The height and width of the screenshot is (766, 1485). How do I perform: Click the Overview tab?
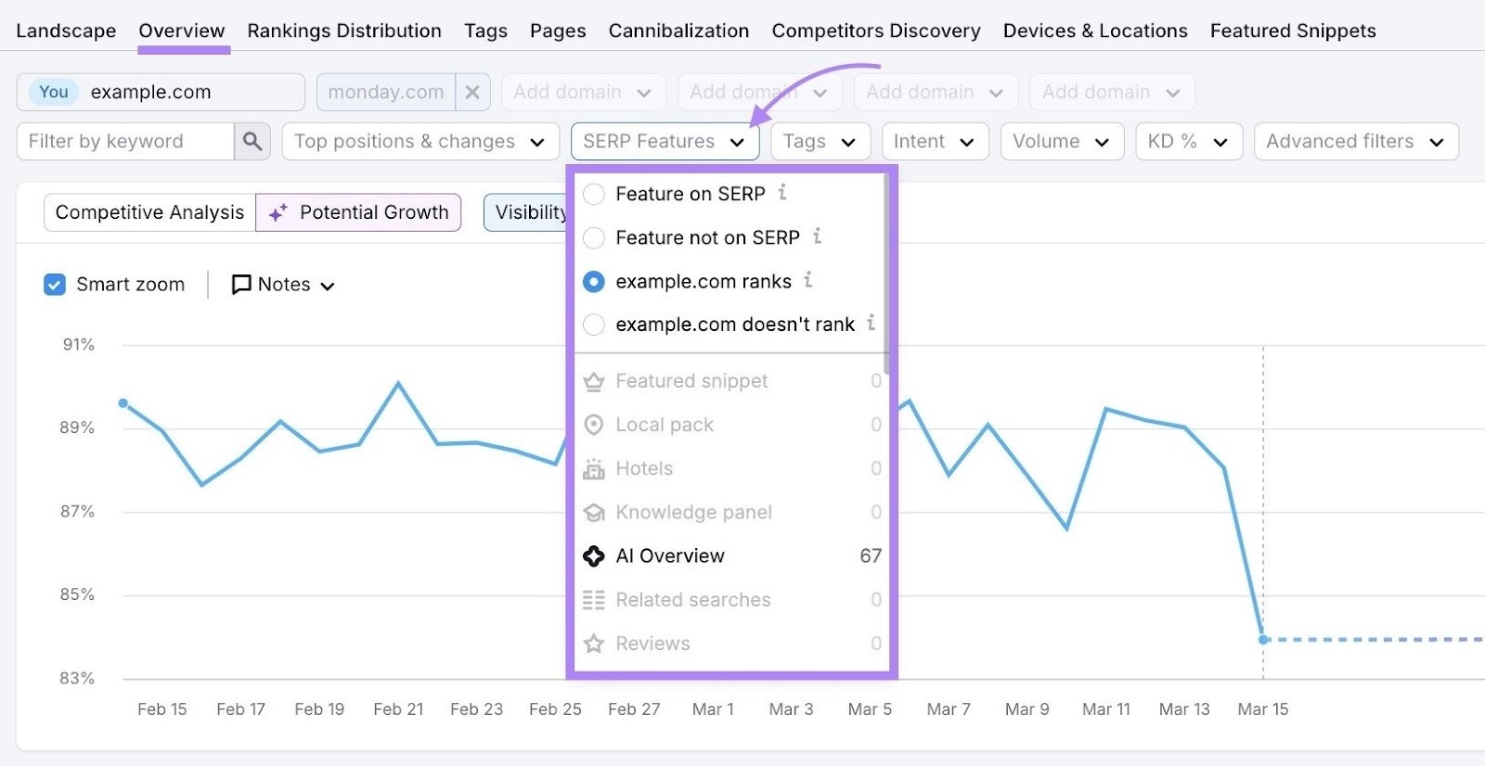coord(182,31)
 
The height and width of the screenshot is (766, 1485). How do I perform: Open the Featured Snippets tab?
coord(1292,31)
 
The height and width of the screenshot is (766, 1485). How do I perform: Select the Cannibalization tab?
coord(678,31)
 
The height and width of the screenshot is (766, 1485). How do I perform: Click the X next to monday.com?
coord(472,92)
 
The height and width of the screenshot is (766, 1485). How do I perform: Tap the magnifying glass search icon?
coord(252,141)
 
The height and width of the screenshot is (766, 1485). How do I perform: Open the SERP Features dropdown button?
coord(665,141)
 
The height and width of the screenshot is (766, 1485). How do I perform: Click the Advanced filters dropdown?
coord(1355,141)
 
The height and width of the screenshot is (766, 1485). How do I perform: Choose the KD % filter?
coord(1188,141)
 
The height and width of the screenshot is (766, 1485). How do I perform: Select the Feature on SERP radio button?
coord(594,194)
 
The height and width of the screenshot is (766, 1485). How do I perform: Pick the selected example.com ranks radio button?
coord(594,281)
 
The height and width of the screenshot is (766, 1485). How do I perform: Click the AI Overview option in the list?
coord(669,555)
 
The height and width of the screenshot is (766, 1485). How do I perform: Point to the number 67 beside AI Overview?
coord(870,555)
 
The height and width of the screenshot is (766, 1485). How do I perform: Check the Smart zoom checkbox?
coord(55,285)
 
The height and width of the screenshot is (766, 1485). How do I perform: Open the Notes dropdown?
coord(283,285)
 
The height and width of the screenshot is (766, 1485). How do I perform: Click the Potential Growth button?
coord(358,212)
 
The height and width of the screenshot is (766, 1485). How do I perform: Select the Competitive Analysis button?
coord(149,212)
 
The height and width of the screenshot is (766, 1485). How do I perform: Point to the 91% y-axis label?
coord(79,344)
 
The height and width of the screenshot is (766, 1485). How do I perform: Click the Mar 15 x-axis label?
coord(1262,709)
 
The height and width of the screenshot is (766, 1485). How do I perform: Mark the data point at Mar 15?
coord(1262,639)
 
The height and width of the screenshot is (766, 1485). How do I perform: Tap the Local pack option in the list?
coord(665,425)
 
